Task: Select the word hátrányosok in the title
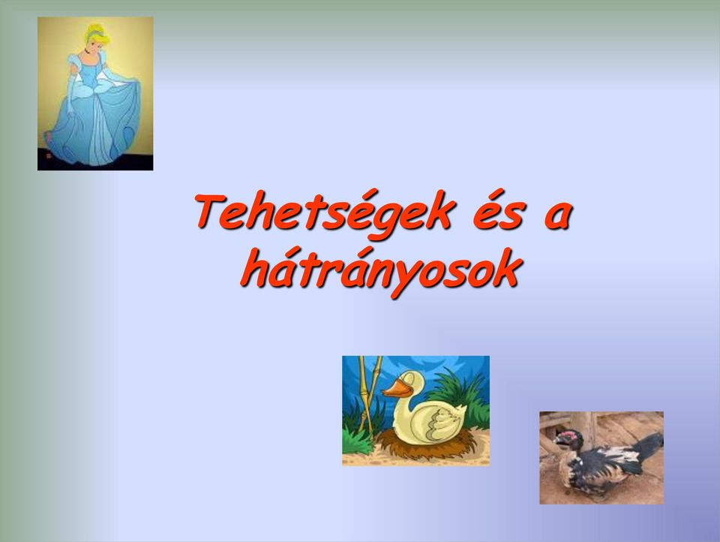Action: (x=381, y=271)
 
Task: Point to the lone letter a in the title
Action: (x=557, y=216)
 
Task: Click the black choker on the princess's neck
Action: (x=88, y=53)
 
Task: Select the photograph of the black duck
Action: (x=601, y=458)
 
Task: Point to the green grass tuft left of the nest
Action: (x=358, y=440)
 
